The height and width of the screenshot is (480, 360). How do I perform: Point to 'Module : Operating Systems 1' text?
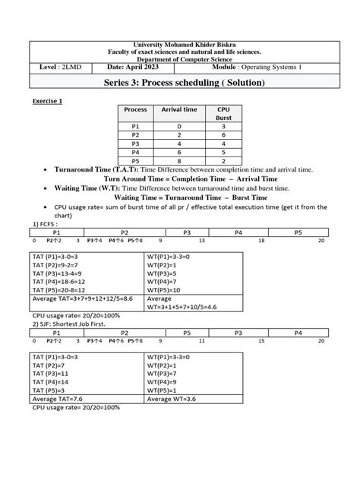[257, 68]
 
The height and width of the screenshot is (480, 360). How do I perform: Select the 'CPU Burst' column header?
[223, 114]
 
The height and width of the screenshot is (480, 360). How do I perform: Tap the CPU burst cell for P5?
[223, 161]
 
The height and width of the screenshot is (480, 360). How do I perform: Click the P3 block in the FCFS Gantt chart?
[185, 232]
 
